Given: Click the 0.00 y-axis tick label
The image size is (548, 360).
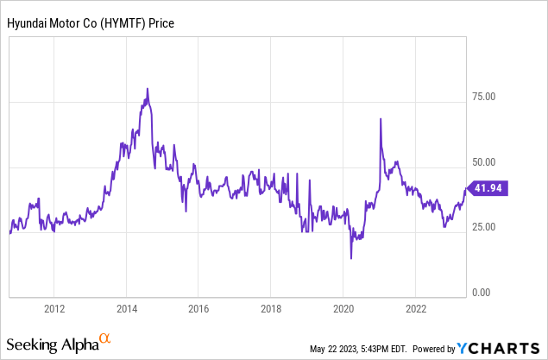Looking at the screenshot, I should coord(482,294).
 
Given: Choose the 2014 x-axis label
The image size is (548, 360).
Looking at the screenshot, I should coord(127,309).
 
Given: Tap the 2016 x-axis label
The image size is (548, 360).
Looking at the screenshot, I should coord(199,309).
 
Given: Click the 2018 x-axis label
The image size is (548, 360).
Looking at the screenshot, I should coord(271,309).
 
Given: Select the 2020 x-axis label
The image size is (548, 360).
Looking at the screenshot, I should coord(343,309).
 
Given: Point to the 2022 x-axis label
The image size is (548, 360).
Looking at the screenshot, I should coord(416,309).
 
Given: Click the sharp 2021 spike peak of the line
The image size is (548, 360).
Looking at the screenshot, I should coord(381,119).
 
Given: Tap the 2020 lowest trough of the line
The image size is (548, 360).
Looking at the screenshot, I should coord(351,257).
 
